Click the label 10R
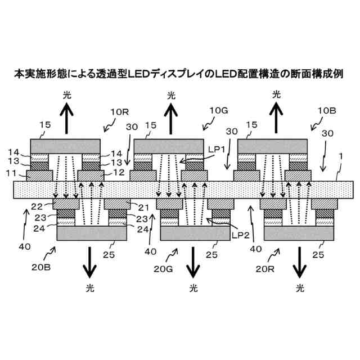pyautogui.click(x=120, y=112)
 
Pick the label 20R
pyautogui.click(x=265, y=269)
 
